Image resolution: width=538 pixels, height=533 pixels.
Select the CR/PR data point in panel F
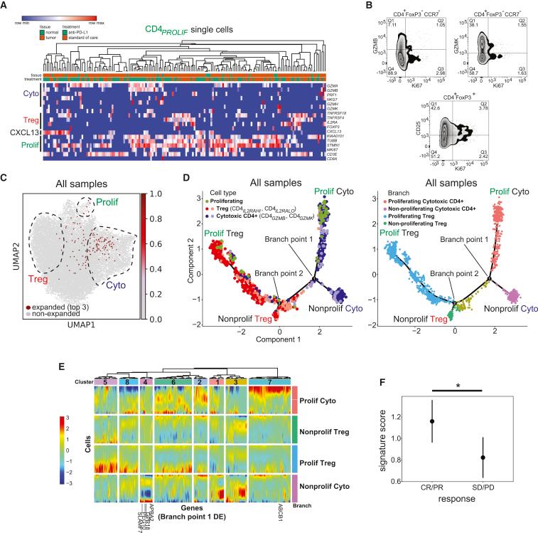(x=432, y=421)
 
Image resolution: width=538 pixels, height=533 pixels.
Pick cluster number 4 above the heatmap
(x=146, y=383)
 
